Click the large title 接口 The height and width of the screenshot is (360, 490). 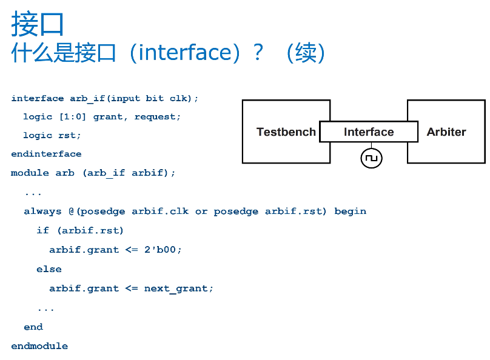pyautogui.click(x=38, y=24)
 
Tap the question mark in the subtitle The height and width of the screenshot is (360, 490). pyautogui.click(x=258, y=52)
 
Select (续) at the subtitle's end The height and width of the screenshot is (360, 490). pyautogui.click(x=305, y=53)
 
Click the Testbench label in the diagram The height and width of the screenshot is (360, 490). pyautogui.click(x=286, y=132)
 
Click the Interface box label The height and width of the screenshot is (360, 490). pyautogui.click(x=369, y=132)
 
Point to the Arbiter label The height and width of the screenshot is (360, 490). pyautogui.click(x=446, y=132)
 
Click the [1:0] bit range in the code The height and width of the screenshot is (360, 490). pyautogui.click(x=73, y=117)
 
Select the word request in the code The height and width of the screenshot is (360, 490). pyautogui.click(x=155, y=117)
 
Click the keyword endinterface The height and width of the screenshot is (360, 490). pyautogui.click(x=46, y=153)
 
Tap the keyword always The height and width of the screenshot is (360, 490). pyautogui.click(x=43, y=212)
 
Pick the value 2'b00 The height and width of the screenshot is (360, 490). pyautogui.click(x=160, y=250)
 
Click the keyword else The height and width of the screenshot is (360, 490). pyautogui.click(x=49, y=269)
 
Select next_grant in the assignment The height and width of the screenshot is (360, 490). pyautogui.click(x=176, y=288)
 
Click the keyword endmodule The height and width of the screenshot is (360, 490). pyautogui.click(x=39, y=345)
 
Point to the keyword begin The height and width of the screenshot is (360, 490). pyautogui.click(x=351, y=212)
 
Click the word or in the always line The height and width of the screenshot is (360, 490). pyautogui.click(x=201, y=212)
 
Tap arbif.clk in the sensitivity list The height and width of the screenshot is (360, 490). pyautogui.click(x=160, y=211)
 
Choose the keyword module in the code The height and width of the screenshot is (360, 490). pyautogui.click(x=30, y=173)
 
